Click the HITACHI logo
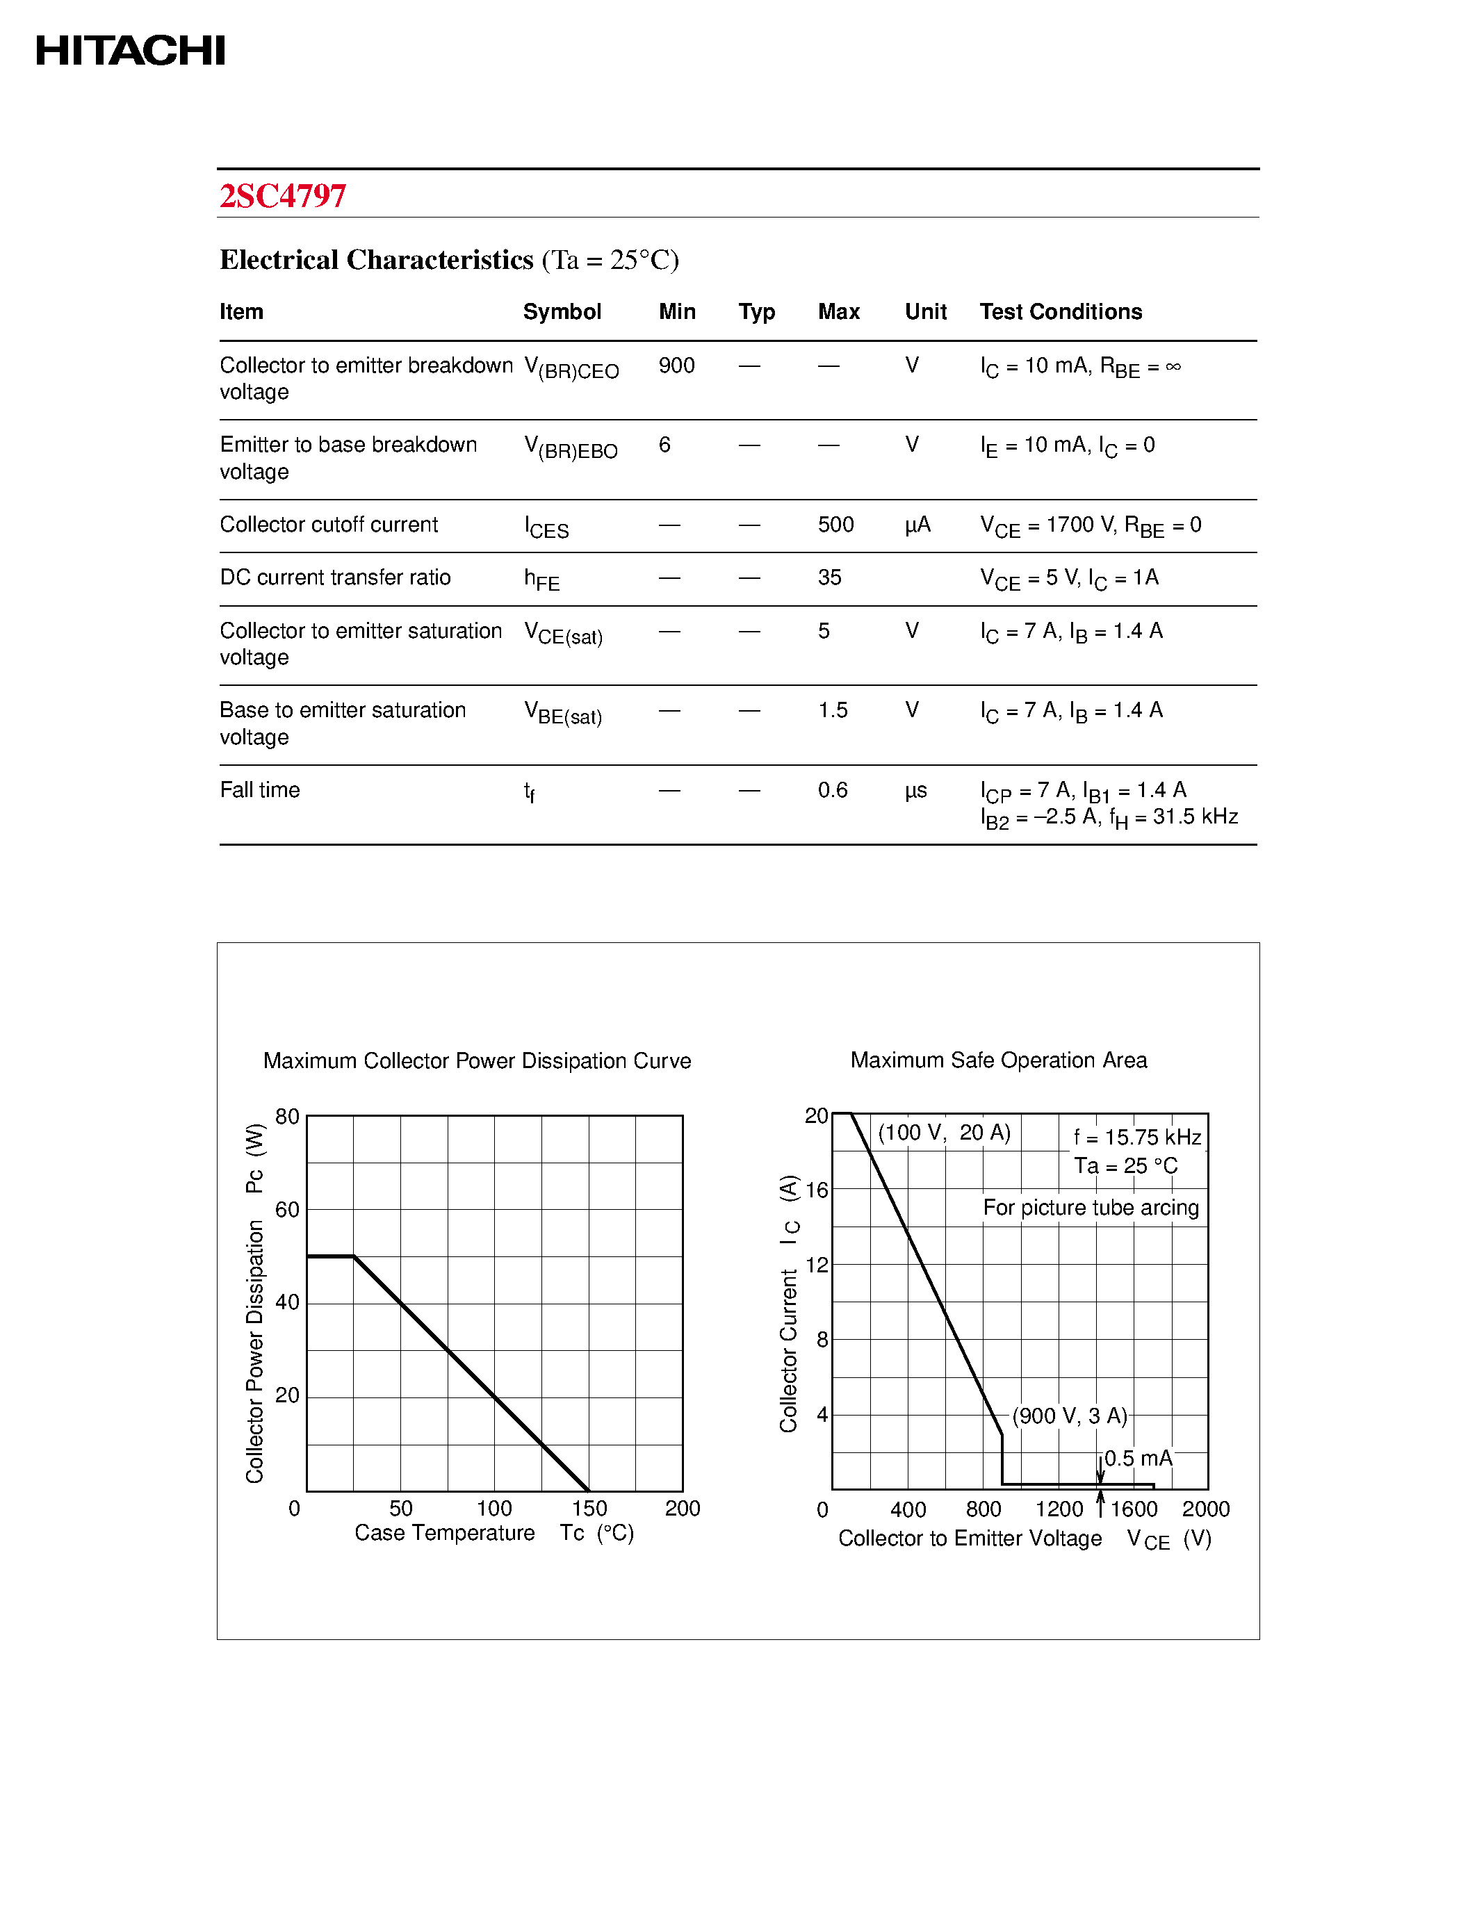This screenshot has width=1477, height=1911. (x=131, y=51)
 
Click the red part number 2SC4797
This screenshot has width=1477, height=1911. (x=283, y=195)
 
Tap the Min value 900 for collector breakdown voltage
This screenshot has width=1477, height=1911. (x=676, y=365)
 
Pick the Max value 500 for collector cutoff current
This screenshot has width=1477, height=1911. (x=835, y=524)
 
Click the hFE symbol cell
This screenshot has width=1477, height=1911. (x=541, y=578)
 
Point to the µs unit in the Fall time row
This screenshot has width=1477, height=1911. (x=916, y=790)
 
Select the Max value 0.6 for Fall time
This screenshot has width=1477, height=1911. (x=832, y=790)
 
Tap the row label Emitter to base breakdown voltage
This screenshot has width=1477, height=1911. (x=348, y=457)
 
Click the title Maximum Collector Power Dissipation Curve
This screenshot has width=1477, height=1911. (x=477, y=1060)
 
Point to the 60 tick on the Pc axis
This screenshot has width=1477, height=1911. (x=287, y=1209)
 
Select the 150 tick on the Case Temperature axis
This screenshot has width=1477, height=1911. (x=589, y=1508)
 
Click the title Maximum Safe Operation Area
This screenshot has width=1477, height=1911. (x=998, y=1060)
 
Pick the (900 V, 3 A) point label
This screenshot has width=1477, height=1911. (x=1069, y=1416)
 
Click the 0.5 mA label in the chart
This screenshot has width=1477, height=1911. (x=1138, y=1458)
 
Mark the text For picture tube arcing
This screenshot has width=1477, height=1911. (x=1091, y=1208)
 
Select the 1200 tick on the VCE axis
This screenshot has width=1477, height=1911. (x=1059, y=1509)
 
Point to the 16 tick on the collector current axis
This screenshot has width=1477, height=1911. (x=817, y=1190)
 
